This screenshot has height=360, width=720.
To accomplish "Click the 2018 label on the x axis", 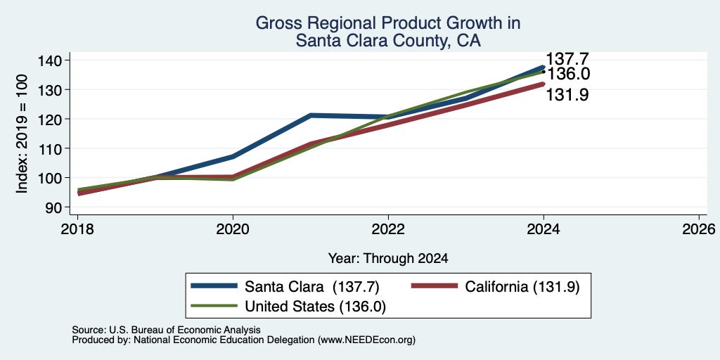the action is point(77,229).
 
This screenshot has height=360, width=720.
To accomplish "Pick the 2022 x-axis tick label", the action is point(388,229).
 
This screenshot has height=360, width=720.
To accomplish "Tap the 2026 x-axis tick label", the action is point(699,229).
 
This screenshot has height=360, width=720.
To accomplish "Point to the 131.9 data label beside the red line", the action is point(567,95).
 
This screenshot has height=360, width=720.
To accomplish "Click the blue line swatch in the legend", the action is point(214,285).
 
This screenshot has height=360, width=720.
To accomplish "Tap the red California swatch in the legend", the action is point(435,285).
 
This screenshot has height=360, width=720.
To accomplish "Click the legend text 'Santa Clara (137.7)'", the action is point(311,287).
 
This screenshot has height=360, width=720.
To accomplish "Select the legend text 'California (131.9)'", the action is point(522,287).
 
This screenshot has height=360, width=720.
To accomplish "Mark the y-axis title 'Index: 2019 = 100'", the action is point(22,134).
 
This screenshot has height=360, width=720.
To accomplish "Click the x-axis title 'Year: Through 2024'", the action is point(388,259).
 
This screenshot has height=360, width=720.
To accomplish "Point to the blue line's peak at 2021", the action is point(310,115).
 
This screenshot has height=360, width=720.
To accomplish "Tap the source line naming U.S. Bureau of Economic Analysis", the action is point(166,330).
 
